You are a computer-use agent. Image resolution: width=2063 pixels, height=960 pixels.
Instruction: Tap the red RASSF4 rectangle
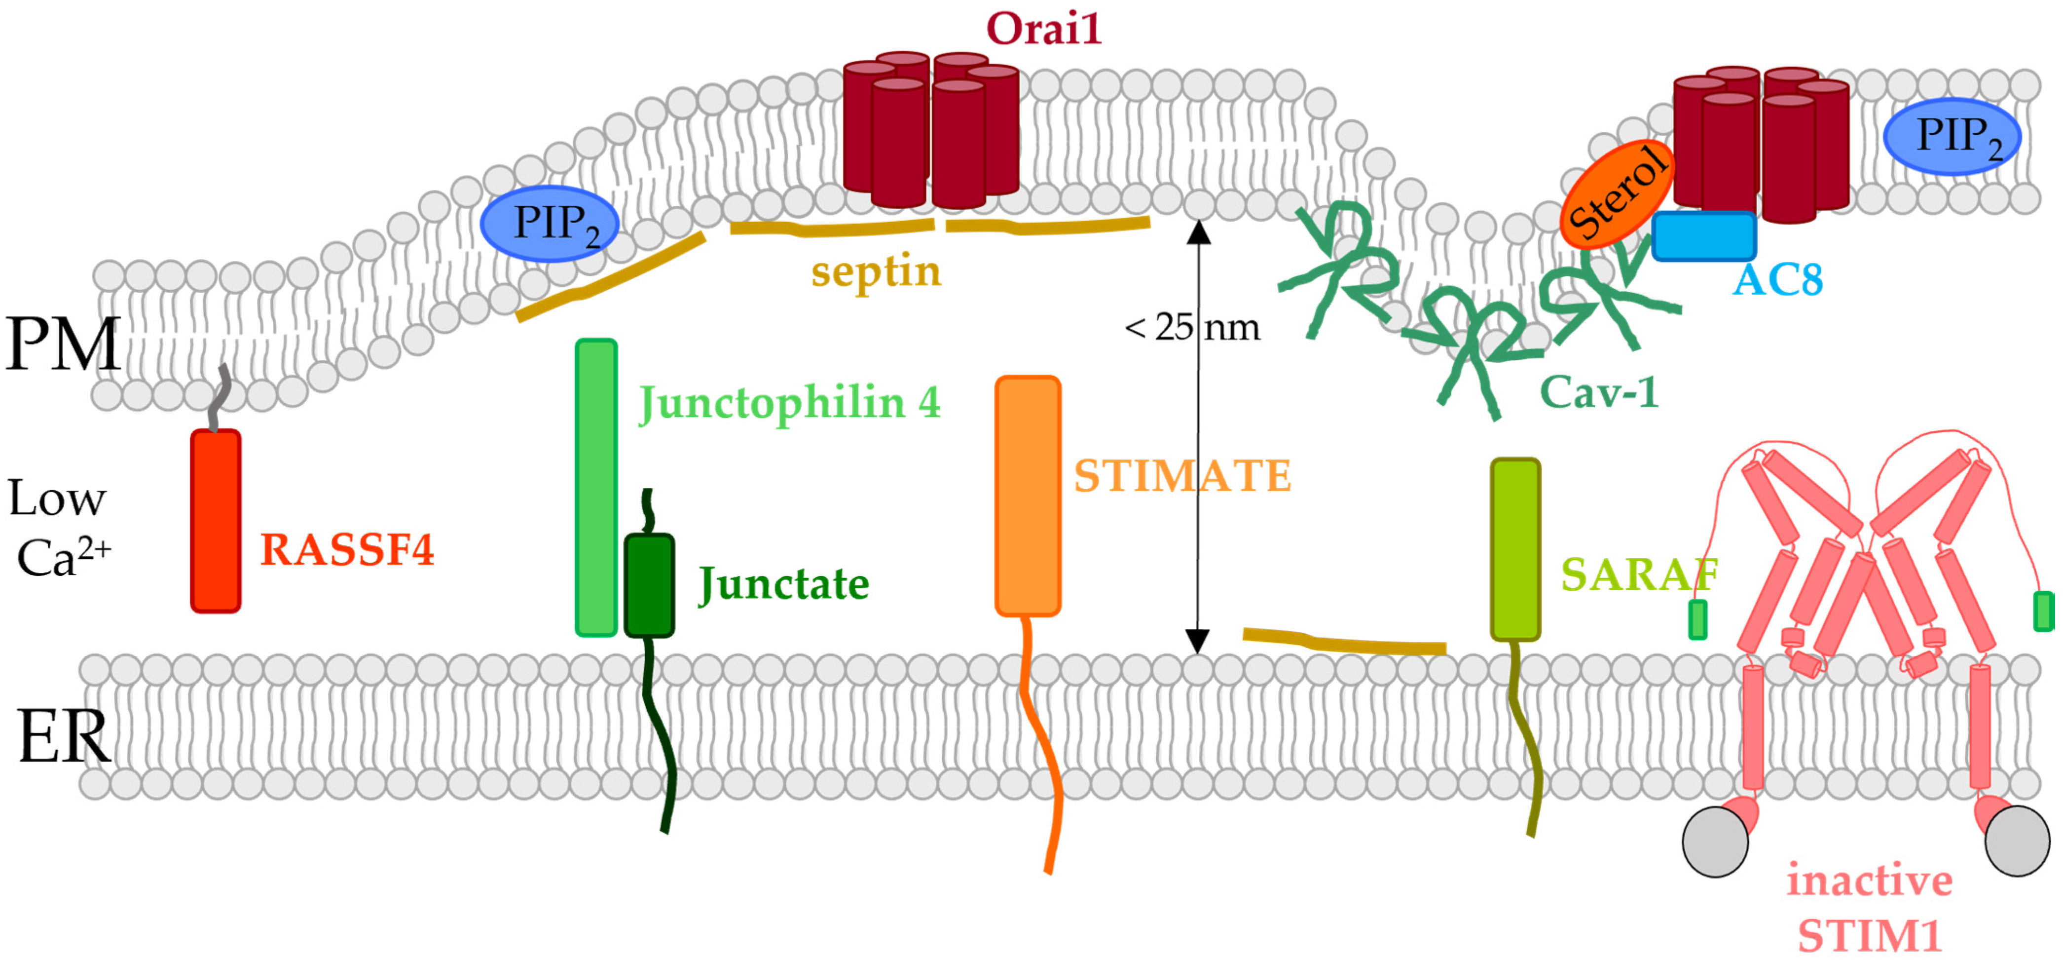[216, 521]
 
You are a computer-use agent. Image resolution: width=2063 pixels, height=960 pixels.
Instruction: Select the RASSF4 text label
[347, 550]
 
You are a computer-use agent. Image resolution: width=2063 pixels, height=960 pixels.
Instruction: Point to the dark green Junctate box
[649, 585]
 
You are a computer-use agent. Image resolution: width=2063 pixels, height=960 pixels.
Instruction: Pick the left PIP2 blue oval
[550, 224]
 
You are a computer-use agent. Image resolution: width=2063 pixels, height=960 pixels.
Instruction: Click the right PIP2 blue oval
[1952, 136]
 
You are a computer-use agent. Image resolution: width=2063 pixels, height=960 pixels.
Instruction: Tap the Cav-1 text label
[1598, 393]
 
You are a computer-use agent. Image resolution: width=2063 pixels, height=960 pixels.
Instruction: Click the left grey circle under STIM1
[1715, 842]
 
